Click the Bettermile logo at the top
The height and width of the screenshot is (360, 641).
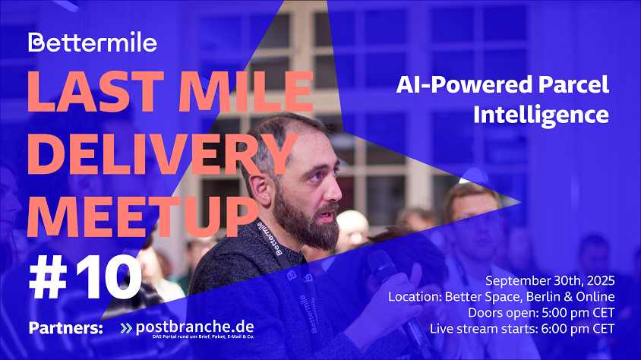point(93,42)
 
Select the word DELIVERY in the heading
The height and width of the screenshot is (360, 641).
point(163,153)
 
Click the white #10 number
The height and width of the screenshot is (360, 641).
point(85,277)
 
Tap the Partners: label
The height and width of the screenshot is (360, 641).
point(66,327)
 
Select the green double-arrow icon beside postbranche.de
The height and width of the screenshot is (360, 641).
point(126,328)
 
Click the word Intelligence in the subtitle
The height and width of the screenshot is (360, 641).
point(542,115)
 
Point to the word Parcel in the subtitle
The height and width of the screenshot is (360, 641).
point(573,84)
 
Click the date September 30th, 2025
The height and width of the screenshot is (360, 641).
point(550,281)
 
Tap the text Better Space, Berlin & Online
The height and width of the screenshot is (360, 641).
point(529,297)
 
